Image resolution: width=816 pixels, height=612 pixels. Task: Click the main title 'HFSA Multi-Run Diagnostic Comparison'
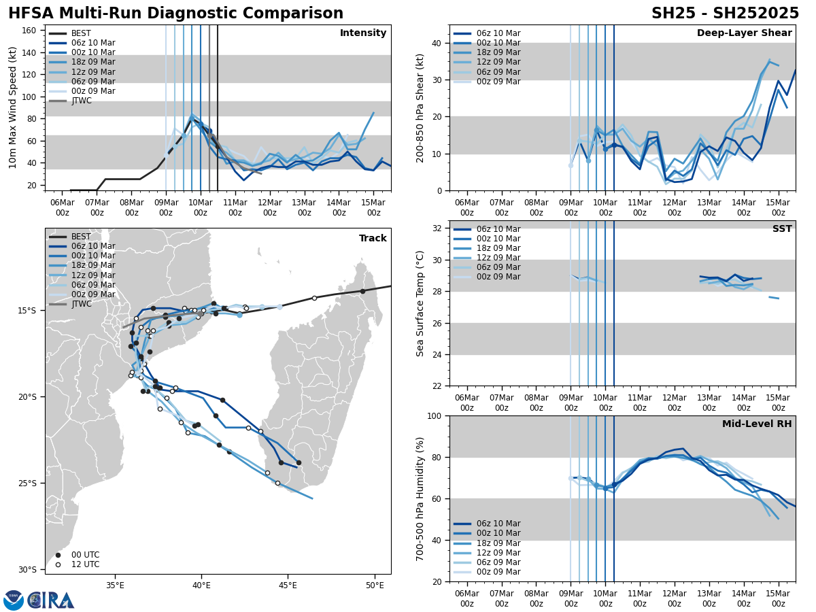click(175, 14)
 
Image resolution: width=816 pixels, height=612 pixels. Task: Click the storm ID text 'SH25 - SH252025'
click(725, 14)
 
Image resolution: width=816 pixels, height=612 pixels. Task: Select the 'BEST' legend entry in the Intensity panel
click(81, 33)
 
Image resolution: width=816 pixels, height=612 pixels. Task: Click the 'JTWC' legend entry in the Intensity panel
click(81, 101)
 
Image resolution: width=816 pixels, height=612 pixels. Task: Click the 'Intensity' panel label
click(363, 33)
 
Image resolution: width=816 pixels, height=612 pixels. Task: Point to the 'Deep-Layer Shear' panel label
click(744, 33)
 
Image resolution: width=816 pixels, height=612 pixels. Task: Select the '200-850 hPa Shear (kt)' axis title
click(421, 107)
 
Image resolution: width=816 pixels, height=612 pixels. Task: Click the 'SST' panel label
click(782, 229)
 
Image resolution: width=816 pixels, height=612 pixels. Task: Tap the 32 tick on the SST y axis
click(437, 228)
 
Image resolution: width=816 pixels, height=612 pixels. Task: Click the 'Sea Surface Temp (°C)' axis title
click(421, 303)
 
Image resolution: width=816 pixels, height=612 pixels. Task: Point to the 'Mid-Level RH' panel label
click(757, 424)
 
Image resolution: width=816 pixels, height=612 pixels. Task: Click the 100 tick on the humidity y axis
click(434, 415)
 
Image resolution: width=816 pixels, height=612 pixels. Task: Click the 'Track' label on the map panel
click(373, 239)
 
